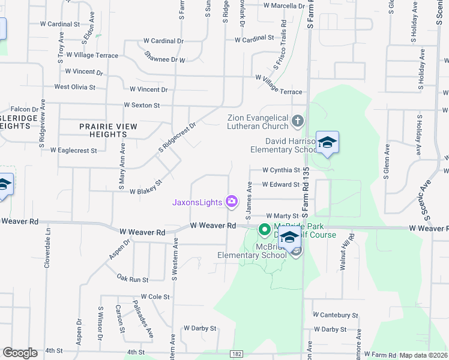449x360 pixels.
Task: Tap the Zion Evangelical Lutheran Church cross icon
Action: [297, 122]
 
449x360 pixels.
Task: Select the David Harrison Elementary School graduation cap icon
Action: [328, 143]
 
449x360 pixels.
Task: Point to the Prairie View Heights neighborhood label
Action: [109, 130]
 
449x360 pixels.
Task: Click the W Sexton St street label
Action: [142, 105]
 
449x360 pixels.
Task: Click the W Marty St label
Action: [282, 215]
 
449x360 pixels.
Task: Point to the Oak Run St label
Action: [132, 279]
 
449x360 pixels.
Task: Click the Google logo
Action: [20, 353]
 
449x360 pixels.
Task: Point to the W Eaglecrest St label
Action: [73, 150]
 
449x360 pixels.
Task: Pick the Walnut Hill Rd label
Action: [345, 252]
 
